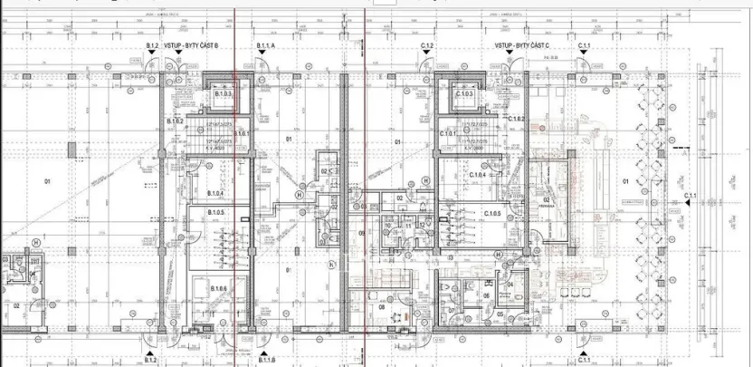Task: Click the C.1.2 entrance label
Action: point(428,44)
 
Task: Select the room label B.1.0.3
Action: point(224,94)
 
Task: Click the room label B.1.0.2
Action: point(176,121)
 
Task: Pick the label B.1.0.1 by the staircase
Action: point(241,132)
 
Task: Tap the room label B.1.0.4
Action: point(215,193)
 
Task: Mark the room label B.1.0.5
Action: point(215,211)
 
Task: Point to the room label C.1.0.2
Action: point(517,119)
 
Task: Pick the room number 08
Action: point(381,307)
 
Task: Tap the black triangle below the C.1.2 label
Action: point(428,54)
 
